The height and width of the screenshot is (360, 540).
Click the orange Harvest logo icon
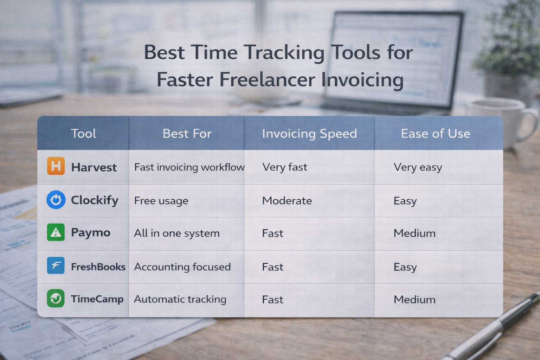coord(56,166)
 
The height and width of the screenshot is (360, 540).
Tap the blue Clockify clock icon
coord(56,200)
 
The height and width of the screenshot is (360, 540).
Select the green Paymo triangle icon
coord(56,232)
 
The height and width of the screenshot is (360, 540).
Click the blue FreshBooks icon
coord(56,265)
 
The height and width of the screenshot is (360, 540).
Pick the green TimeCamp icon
coord(56,298)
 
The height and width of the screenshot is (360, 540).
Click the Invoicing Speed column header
coord(309,134)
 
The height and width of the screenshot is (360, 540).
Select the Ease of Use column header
coord(435,134)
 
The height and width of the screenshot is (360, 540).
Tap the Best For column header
coord(187,134)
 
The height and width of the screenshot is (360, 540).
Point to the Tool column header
coord(83,134)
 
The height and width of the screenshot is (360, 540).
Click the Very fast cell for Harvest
coord(284,167)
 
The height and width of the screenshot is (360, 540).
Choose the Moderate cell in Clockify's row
coord(287,201)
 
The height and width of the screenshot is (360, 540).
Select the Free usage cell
coord(161,201)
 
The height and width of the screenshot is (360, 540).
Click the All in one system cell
coord(176,233)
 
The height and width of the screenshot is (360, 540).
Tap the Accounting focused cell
coord(182,267)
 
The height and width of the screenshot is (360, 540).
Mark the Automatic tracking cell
coord(180,300)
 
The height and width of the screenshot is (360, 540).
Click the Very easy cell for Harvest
coord(418,167)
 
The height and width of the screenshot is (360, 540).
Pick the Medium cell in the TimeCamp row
coord(414,300)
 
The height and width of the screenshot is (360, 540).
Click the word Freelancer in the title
coord(267,80)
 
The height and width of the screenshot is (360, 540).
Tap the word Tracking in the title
coord(284,53)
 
